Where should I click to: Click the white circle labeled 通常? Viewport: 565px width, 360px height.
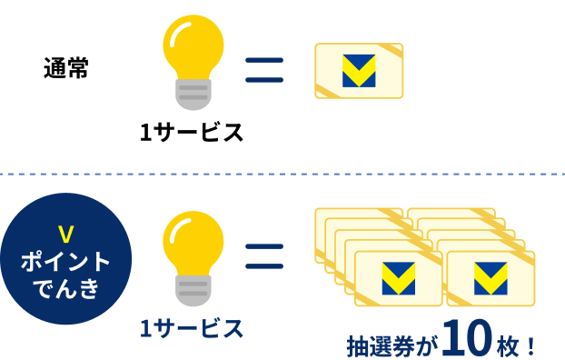65,68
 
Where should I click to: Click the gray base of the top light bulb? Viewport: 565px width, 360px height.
192,95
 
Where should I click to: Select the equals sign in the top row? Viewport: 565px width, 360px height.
264,70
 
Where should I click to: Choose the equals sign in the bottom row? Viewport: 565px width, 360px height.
264,256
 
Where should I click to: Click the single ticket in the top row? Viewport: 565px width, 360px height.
358,70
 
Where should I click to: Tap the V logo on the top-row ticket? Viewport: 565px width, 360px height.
359,72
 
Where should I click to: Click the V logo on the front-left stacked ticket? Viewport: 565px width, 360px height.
399,276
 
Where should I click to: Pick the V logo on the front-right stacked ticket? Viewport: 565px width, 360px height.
491,276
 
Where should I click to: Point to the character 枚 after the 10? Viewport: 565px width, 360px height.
508,345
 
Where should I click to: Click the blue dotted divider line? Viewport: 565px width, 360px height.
282,170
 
